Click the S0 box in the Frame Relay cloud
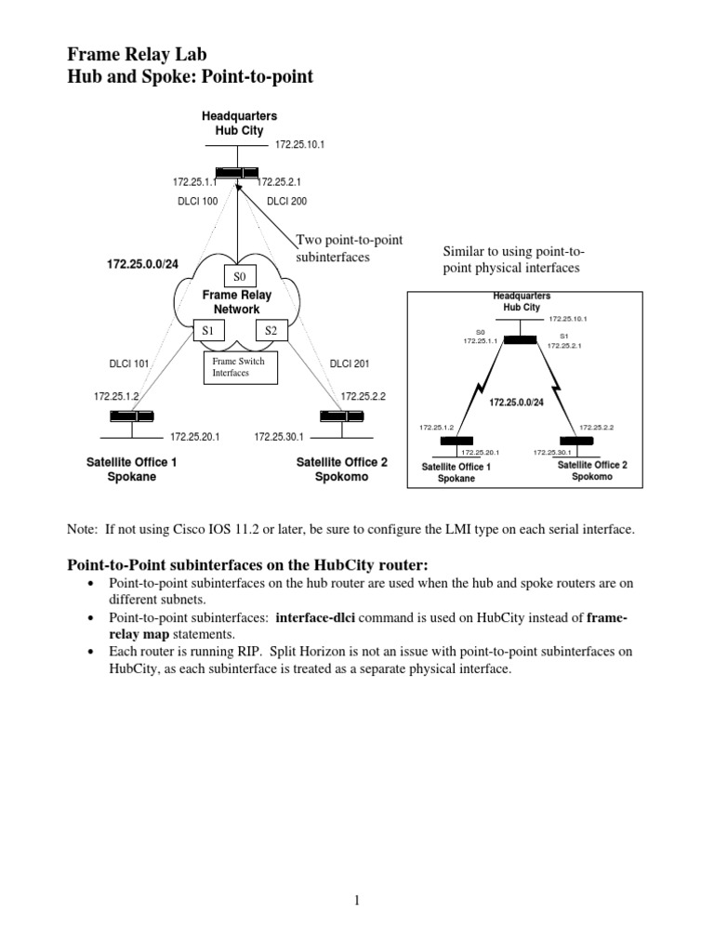pos(239,276)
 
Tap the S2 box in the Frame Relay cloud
pos(271,330)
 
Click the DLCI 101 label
pos(128,364)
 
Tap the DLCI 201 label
pos(349,364)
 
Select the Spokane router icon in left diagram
pos(131,416)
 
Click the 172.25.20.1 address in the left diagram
pos(194,435)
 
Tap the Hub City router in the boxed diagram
pos(521,339)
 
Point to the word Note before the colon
pos(82,529)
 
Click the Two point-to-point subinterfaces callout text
pos(349,247)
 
